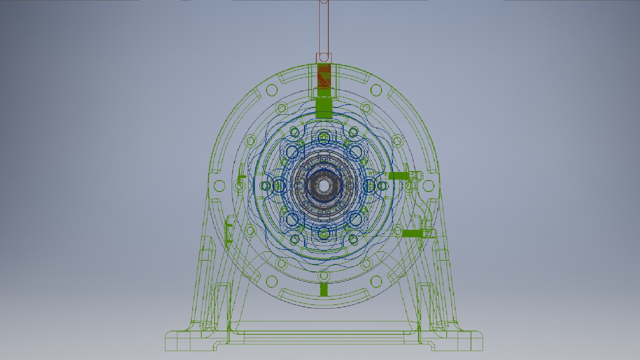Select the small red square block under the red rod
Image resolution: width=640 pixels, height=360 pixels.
point(324,58)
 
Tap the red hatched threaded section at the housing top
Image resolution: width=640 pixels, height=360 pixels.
point(324,76)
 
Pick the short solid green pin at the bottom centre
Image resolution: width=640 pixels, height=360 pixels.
point(324,290)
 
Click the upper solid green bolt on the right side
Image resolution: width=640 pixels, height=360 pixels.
point(399,176)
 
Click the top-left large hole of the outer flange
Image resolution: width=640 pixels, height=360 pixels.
point(272,90)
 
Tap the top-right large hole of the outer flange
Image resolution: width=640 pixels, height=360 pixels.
point(376,90)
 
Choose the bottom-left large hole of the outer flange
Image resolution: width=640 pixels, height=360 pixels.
point(272,281)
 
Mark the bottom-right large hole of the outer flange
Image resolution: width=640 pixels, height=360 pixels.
point(376,281)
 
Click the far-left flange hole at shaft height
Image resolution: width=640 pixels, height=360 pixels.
point(219,186)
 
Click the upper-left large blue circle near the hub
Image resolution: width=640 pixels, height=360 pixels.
point(292,152)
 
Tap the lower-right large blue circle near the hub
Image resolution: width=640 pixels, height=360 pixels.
point(355,219)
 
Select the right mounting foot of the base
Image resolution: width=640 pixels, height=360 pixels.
point(458,341)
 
